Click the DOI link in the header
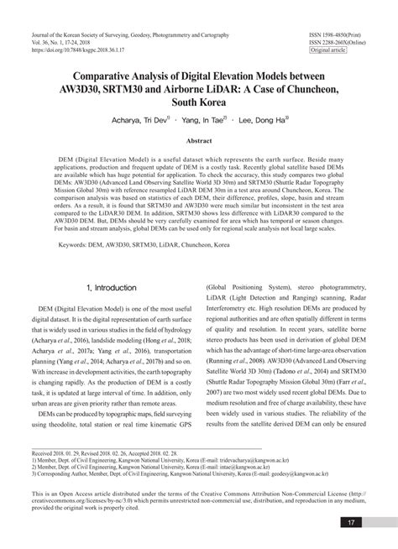point(82,50)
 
